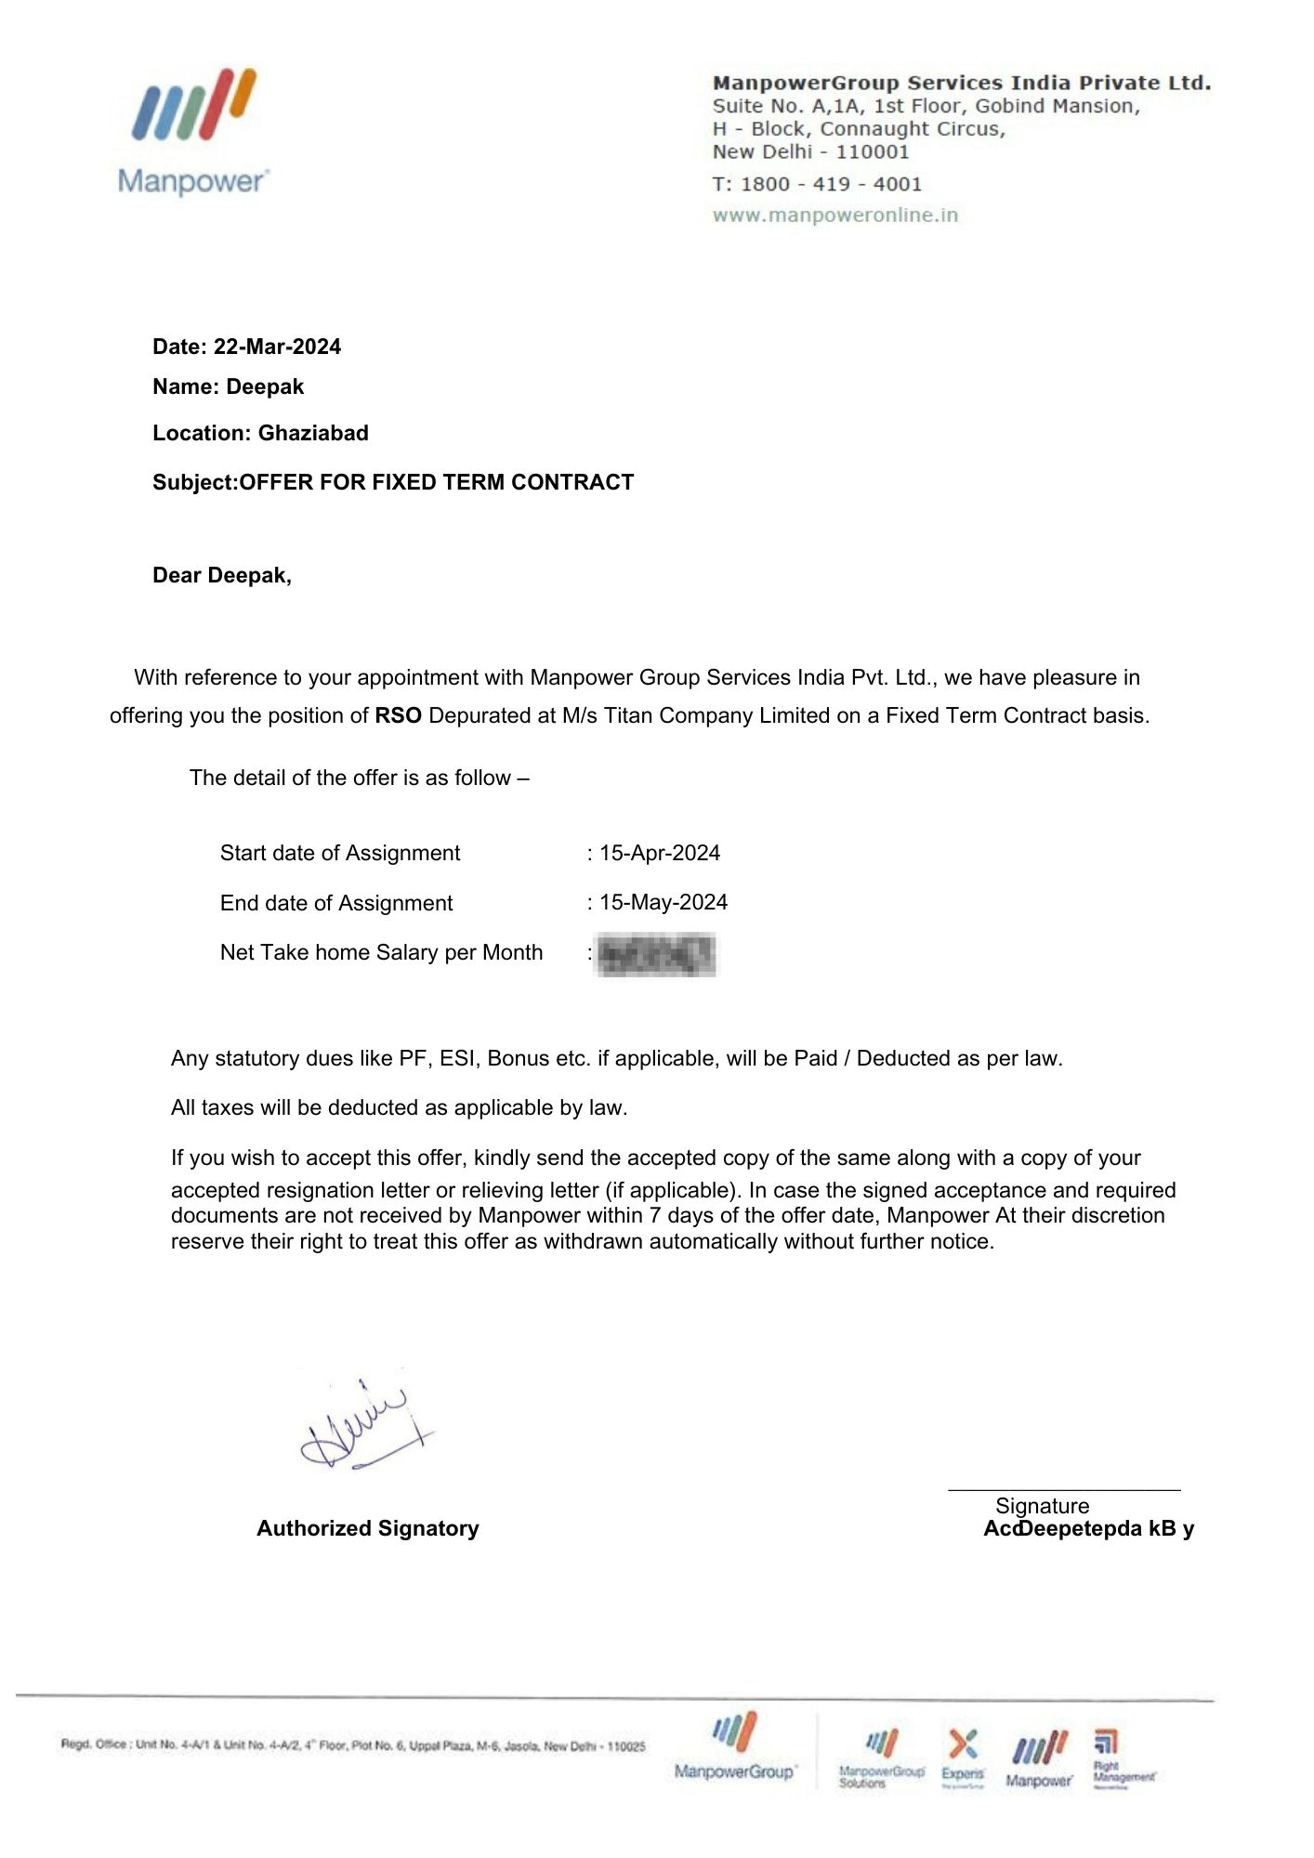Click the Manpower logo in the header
(193, 130)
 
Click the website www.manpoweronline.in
(834, 216)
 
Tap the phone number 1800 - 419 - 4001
(831, 184)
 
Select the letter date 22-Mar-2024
(277, 347)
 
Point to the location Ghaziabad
(313, 433)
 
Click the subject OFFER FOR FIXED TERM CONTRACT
(437, 482)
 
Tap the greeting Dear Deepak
(221, 575)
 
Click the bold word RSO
(398, 715)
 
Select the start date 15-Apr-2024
(660, 853)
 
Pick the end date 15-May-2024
(664, 902)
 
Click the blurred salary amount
(656, 955)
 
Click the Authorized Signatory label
(367, 1528)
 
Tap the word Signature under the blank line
(1042, 1506)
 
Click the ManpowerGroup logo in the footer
(734, 1747)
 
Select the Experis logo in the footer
(963, 1757)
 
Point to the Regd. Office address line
(352, 1746)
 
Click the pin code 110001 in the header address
(872, 152)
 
